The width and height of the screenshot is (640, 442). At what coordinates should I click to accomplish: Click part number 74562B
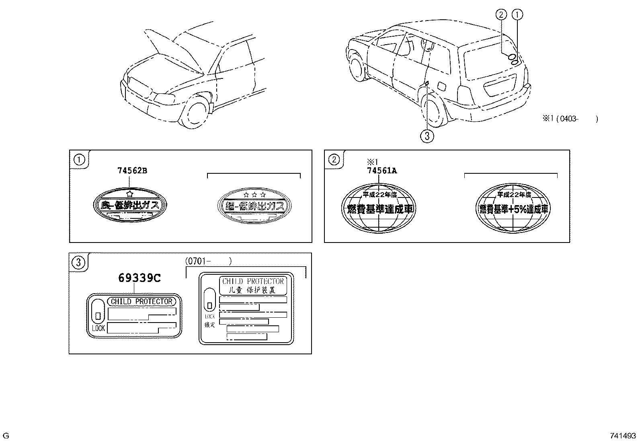coord(132,171)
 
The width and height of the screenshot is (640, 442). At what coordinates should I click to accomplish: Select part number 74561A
coord(382,171)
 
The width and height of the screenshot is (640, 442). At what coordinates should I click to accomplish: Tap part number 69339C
coord(139,278)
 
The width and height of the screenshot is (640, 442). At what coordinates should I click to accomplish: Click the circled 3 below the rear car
coord(427,136)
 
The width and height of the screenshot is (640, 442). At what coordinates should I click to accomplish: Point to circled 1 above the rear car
coord(517,15)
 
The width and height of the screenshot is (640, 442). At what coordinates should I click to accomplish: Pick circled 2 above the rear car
coord(501,15)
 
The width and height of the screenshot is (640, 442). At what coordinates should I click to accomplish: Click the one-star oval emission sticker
coord(130,205)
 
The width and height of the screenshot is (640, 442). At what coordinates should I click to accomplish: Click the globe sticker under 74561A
coord(379,208)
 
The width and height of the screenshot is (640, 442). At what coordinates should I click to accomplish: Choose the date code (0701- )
coord(208,261)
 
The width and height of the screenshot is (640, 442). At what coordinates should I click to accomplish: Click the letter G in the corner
coord(6,436)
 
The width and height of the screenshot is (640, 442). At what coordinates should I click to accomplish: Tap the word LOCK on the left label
coord(98,328)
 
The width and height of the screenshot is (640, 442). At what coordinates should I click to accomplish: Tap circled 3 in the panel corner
coord(78,263)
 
